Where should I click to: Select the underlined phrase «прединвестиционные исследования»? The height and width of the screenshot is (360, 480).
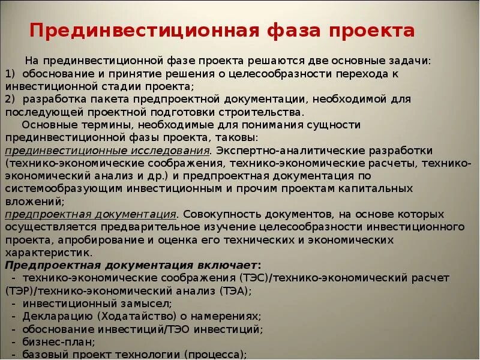[107, 150]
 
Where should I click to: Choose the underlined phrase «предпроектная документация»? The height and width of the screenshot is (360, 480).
[91, 214]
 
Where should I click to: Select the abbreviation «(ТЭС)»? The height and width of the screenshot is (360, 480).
[254, 278]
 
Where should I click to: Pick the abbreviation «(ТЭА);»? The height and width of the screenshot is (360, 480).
[230, 290]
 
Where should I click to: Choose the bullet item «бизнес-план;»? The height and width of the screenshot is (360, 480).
[59, 341]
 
